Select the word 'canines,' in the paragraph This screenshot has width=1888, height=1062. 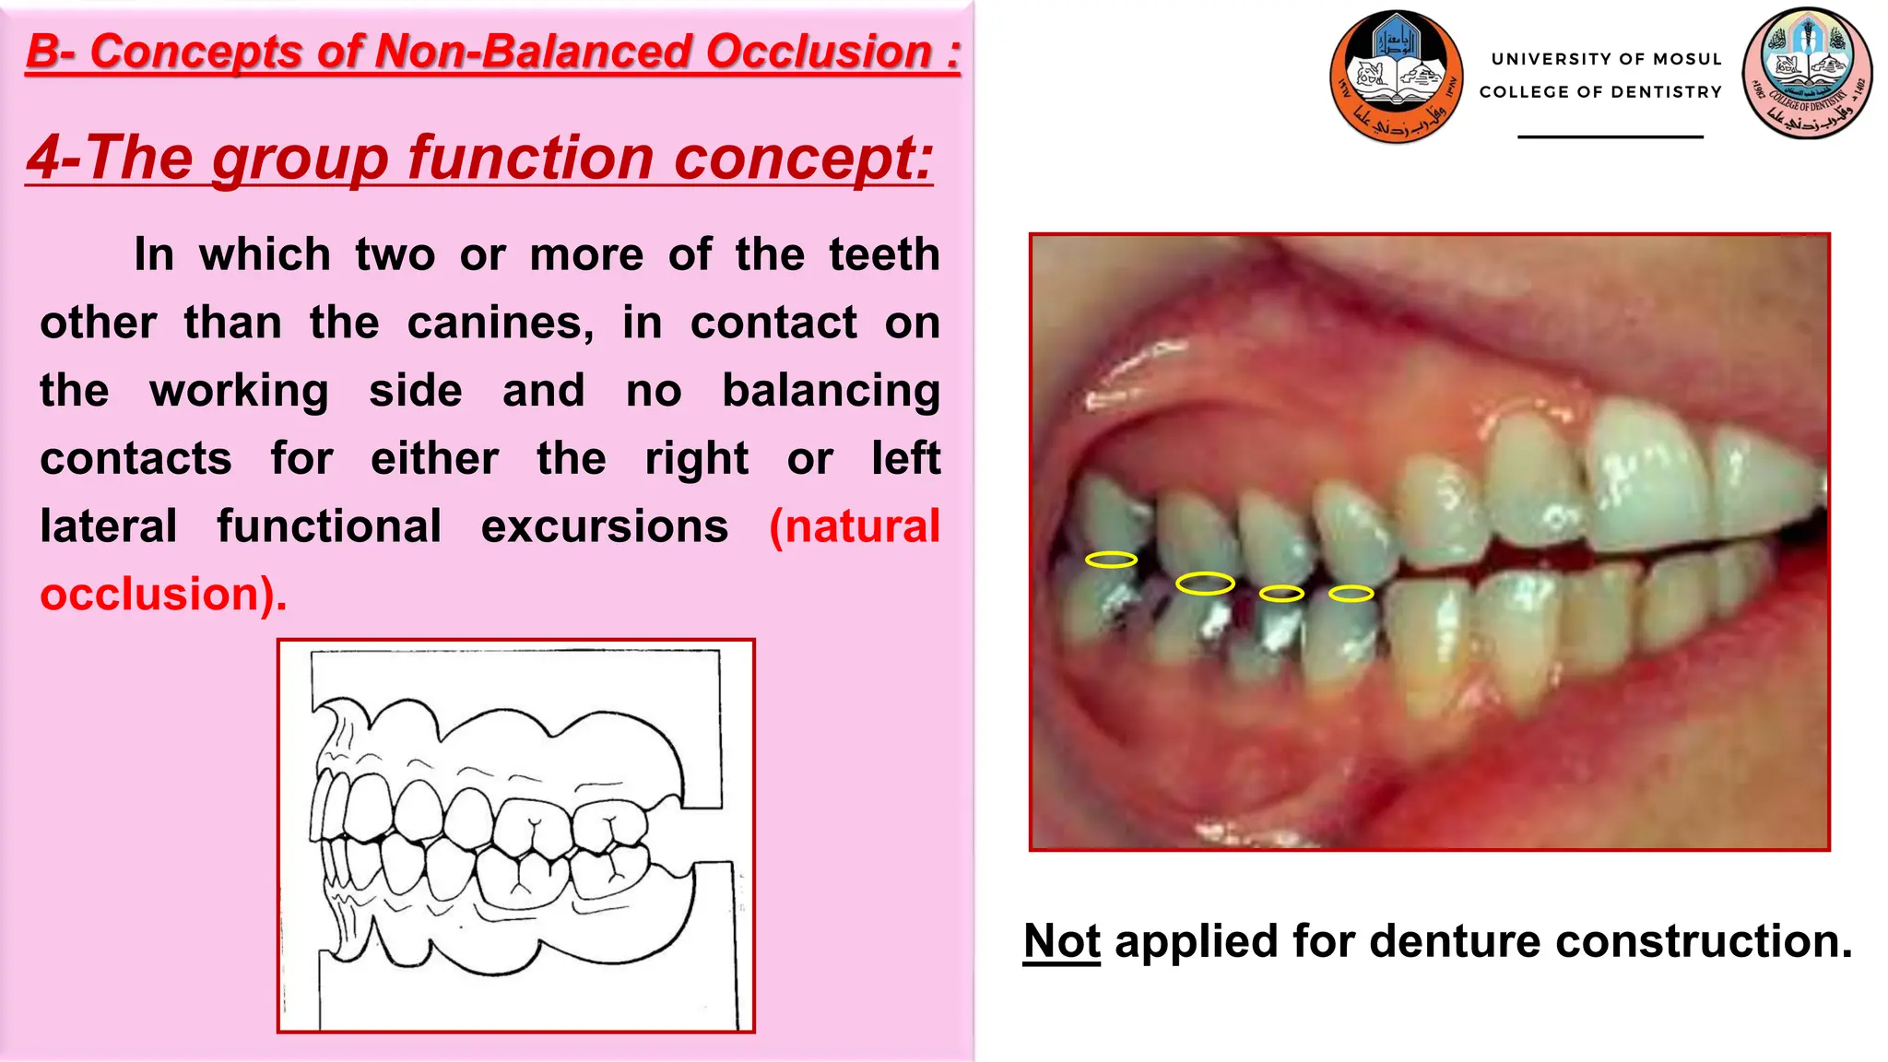pyautogui.click(x=501, y=324)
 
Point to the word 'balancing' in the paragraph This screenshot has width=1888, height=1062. pyautogui.click(x=831, y=391)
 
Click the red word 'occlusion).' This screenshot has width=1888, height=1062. pyautogui.click(x=163, y=595)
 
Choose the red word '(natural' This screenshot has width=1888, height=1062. pyautogui.click(x=855, y=526)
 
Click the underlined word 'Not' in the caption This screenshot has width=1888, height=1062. pyautogui.click(x=1061, y=941)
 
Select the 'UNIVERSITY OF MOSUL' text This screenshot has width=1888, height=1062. pyautogui.click(x=1606, y=59)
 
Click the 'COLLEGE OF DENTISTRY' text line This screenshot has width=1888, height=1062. pyautogui.click(x=1600, y=92)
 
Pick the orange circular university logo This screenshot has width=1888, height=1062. pyautogui.click(x=1396, y=77)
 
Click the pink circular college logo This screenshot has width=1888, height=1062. pyautogui.click(x=1807, y=74)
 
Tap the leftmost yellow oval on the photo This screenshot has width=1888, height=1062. pyautogui.click(x=1111, y=560)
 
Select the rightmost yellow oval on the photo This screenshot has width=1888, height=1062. pyautogui.click(x=1351, y=594)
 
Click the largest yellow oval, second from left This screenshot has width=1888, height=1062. pyautogui.click(x=1205, y=584)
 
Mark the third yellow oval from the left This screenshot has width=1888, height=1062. pyautogui.click(x=1281, y=594)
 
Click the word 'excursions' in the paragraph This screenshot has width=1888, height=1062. pyautogui.click(x=605, y=526)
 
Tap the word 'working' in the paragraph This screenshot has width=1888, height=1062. pyautogui.click(x=239, y=391)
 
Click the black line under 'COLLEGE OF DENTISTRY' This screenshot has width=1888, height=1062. pyautogui.click(x=1610, y=137)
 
